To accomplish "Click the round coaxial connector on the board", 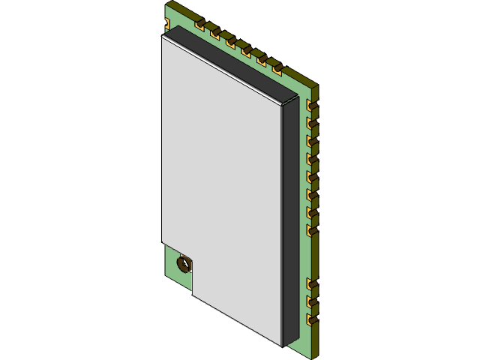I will (184, 263).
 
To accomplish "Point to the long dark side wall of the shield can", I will (292, 225).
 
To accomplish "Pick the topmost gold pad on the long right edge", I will (313, 104).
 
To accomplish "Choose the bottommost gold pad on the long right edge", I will (312, 321).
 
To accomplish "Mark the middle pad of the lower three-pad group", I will (312, 303).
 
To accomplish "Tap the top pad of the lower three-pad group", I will (312, 285).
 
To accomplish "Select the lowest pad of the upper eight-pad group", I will (312, 231).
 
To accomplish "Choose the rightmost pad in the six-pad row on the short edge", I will (278, 70).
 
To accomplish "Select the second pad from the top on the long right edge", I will (313, 122).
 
